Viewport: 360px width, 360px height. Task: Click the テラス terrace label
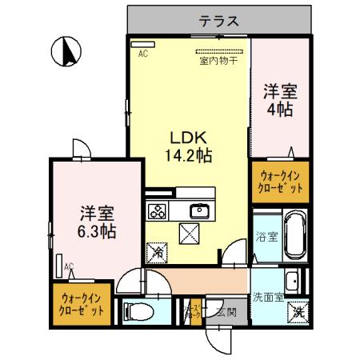pos(218,22)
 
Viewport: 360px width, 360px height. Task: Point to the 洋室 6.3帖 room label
pos(97,222)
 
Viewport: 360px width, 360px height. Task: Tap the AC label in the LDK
pos(142,54)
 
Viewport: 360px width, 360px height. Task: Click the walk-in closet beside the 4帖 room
pos(279,182)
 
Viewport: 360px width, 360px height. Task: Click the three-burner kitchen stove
pos(158,212)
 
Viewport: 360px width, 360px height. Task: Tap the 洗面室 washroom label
pos(268,296)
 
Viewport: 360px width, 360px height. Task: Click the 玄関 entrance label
pos(226,311)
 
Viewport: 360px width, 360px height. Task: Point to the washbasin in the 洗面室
pos(294,280)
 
